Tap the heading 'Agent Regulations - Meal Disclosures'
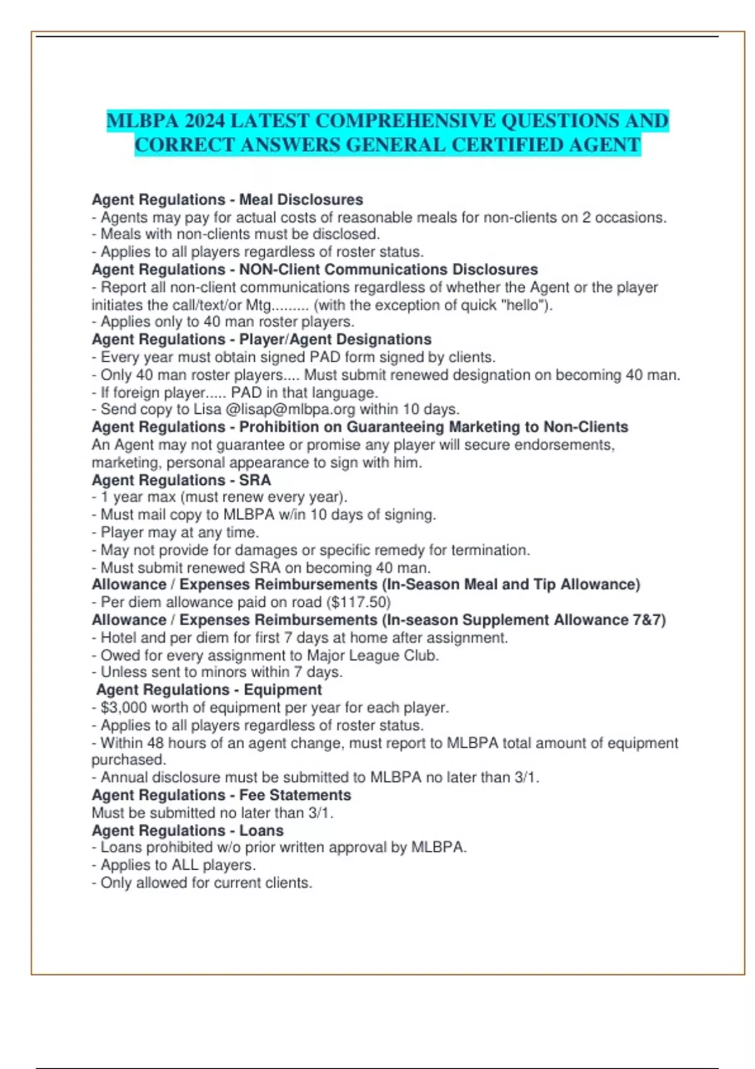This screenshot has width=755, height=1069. coord(227,199)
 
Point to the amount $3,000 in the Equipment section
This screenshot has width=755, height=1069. coord(123,707)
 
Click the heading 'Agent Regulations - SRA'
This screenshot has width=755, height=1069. coord(181,480)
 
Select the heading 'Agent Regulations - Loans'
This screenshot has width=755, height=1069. coord(187,830)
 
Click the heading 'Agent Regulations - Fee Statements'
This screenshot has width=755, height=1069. coord(221,795)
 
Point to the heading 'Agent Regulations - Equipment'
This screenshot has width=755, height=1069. coord(209,690)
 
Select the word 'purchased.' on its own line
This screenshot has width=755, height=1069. coord(128,760)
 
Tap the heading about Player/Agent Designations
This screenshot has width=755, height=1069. coord(261,340)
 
